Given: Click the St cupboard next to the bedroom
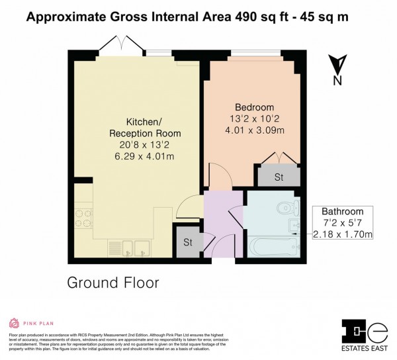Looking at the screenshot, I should point(278,177).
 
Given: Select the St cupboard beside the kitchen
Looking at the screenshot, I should point(188,242).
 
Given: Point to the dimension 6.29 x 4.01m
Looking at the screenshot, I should point(144,156).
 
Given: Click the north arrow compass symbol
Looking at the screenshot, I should point(337,68).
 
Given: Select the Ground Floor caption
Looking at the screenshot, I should point(113,283).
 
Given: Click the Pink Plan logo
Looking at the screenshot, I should point(29,323).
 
